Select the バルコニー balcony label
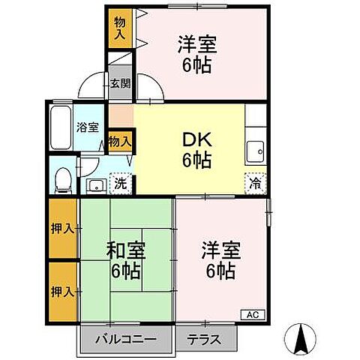coord(126,339)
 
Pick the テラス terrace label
coord(204,339)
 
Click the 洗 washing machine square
coord(118,181)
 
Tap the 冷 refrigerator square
coord(255,181)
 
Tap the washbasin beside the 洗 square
coord(95,185)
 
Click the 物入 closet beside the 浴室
coord(120,140)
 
